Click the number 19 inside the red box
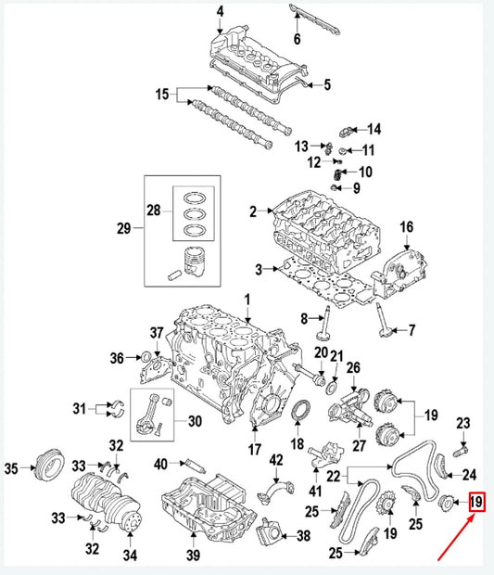pyautogui.click(x=477, y=504)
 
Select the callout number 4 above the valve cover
pyautogui.click(x=220, y=11)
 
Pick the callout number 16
pyautogui.click(x=405, y=227)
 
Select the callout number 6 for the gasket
pyautogui.click(x=297, y=39)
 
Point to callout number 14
pyautogui.click(x=374, y=128)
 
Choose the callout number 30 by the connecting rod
pyautogui.click(x=194, y=420)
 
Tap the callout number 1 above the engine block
pyautogui.click(x=247, y=299)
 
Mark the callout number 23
pyautogui.click(x=463, y=424)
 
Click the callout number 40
pyautogui.click(x=161, y=464)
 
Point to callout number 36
pyautogui.click(x=118, y=358)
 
